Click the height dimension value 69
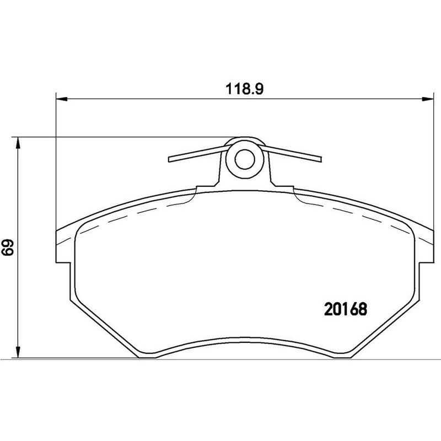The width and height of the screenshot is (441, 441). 8,248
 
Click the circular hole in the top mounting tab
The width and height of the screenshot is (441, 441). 243,159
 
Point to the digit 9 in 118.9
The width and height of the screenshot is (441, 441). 254,88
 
